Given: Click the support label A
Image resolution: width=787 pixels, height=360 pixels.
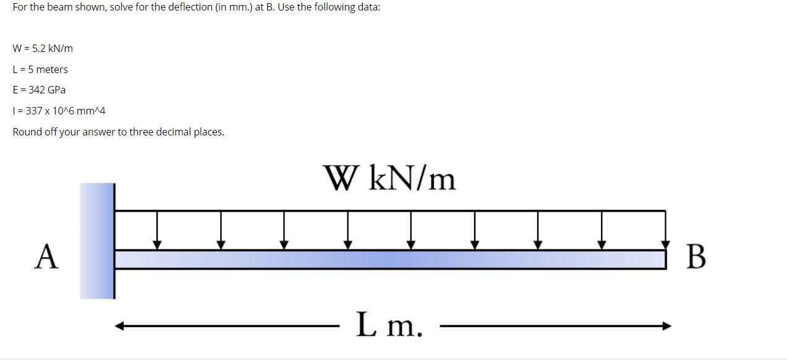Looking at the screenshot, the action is pos(47,257).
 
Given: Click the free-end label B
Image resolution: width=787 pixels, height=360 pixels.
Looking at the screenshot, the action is pos(696,257).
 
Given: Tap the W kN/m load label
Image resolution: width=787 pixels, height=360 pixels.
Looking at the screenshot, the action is pos(389,179).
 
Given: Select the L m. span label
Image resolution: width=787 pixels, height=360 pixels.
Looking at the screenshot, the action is pos(389,325).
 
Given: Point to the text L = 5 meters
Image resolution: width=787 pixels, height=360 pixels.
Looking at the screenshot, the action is pos(40,69).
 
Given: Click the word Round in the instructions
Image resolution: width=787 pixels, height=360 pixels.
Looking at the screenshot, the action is pos(27,132).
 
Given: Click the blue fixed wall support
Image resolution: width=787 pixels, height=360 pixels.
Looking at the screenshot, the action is pos(97,241).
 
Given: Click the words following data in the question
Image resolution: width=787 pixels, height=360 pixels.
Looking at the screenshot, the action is pos(346,7).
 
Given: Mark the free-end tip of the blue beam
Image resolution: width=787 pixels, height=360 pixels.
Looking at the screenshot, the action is pos(663,259).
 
